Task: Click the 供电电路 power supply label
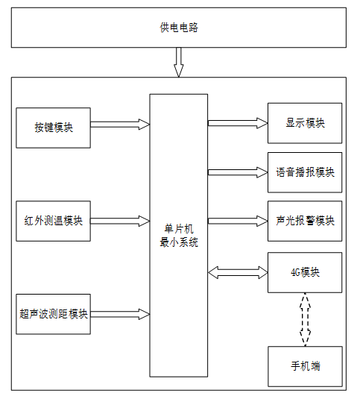tap(179, 28)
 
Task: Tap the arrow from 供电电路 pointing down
tap(178, 62)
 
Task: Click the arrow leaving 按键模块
tap(120, 125)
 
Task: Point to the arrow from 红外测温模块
tap(120, 221)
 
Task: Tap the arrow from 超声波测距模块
tap(120, 314)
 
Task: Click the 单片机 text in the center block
tap(179, 229)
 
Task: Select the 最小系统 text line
tap(179, 242)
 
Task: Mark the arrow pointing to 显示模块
tap(238, 123)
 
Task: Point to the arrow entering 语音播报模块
tap(238, 172)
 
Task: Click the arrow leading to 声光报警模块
tap(238, 221)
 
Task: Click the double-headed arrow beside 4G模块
tap(238, 272)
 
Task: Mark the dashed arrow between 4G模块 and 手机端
tap(305, 319)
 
